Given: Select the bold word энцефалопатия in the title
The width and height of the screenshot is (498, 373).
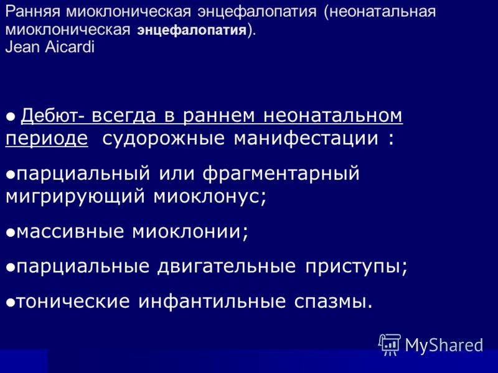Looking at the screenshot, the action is (x=192, y=30).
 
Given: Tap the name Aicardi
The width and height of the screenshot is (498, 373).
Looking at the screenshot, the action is (x=70, y=47).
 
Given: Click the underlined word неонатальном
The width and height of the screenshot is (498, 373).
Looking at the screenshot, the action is (x=333, y=116).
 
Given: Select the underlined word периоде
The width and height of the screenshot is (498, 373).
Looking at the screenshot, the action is (x=47, y=139).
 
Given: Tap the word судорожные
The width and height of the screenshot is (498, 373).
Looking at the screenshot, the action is (x=163, y=139).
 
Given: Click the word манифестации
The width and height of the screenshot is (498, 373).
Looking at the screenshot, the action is (x=306, y=139).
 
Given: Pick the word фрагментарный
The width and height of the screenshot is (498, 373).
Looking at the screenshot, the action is (x=281, y=174).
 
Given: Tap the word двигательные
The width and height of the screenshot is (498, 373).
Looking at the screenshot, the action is (x=227, y=266).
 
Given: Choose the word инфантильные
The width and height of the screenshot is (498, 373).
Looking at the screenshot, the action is (x=212, y=301).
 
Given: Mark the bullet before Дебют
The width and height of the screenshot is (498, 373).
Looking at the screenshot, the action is (x=11, y=117).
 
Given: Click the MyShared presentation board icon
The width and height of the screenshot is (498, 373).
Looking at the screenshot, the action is (x=390, y=344).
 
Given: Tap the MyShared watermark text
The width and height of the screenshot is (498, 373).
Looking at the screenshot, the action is (x=444, y=345).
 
